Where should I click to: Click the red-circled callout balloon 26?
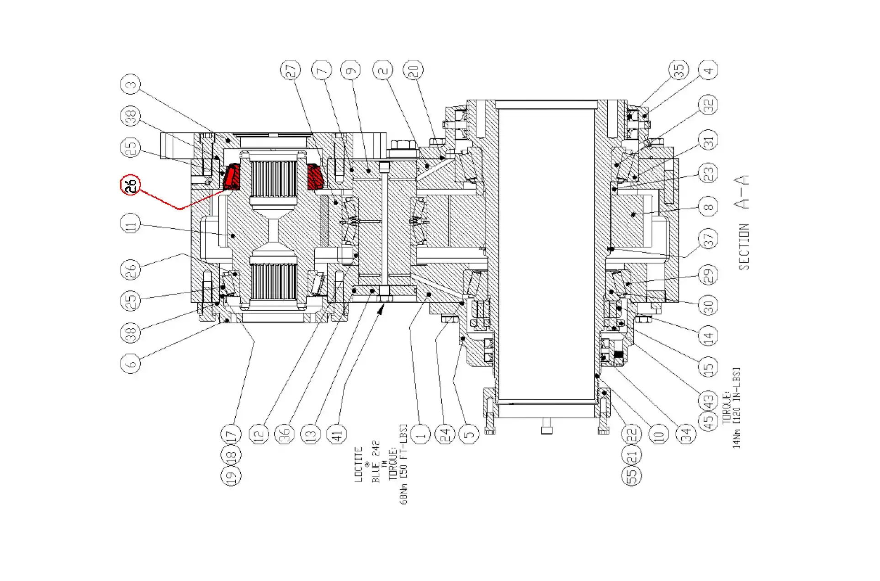pyautogui.click(x=130, y=185)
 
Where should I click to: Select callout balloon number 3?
pyautogui.click(x=131, y=85)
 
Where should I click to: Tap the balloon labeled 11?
pyautogui.click(x=131, y=224)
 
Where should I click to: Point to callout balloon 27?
pyautogui.click(x=291, y=70)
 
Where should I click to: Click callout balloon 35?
pyautogui.click(x=679, y=70)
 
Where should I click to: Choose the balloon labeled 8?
pyautogui.click(x=708, y=206)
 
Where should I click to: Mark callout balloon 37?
pyautogui.click(x=708, y=238)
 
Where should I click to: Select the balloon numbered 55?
pyautogui.click(x=631, y=475)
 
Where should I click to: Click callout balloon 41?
pyautogui.click(x=338, y=434)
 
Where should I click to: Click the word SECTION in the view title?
pyautogui.click(x=744, y=247)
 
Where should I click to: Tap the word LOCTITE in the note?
pyautogui.click(x=359, y=464)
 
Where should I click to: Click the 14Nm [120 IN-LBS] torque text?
pyautogui.click(x=737, y=408)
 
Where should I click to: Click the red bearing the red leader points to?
pyautogui.click(x=231, y=177)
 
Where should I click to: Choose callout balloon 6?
pyautogui.click(x=131, y=364)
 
